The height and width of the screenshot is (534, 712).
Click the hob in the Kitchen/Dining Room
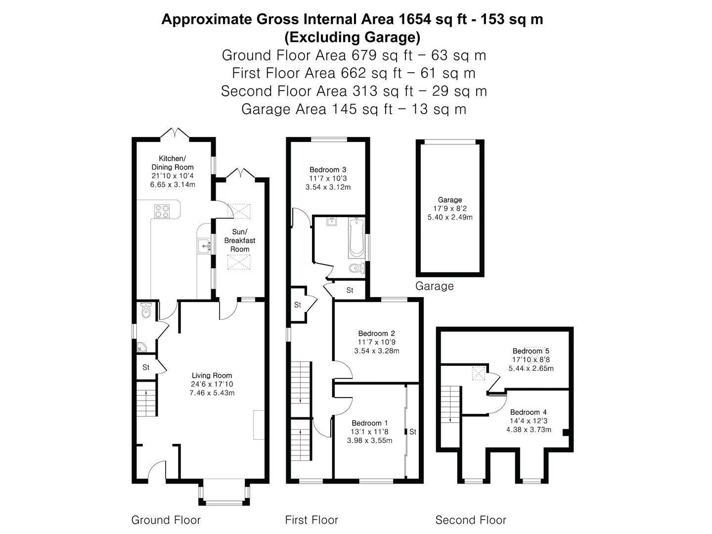pos(162,211)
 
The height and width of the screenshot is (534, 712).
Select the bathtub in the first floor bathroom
pos(356,238)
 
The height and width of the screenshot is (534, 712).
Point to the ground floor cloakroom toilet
pos(145,311)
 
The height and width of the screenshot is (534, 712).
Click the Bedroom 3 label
pos(328,170)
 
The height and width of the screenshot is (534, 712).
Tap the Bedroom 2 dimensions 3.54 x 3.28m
pos(377,351)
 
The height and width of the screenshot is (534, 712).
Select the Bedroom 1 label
pos(370,423)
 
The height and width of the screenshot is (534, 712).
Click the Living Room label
pos(212,376)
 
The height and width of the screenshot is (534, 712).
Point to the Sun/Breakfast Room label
pos(240,240)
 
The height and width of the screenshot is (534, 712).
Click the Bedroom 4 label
pos(529,412)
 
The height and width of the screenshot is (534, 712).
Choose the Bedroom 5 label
pos(531,351)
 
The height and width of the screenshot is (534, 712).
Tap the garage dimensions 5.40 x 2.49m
pos(450,217)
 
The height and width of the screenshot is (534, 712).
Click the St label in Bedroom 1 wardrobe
pos(413,432)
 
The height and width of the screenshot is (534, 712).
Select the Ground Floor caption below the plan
pos(166,520)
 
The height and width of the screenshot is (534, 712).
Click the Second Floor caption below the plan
pos(471,520)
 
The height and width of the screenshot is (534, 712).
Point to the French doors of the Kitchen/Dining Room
pos(176,133)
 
